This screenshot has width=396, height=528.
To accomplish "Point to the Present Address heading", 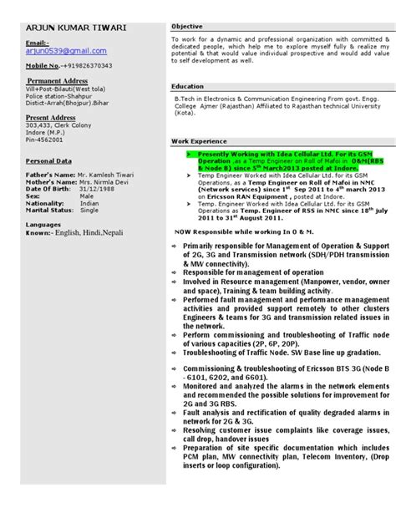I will pyautogui.click(x=51, y=118).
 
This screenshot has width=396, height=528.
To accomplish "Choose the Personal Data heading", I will pyautogui.click(x=48, y=161).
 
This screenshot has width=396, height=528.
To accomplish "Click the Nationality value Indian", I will pyautogui.click(x=89, y=203).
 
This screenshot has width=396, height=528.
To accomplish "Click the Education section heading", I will pyautogui.click(x=188, y=87).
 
